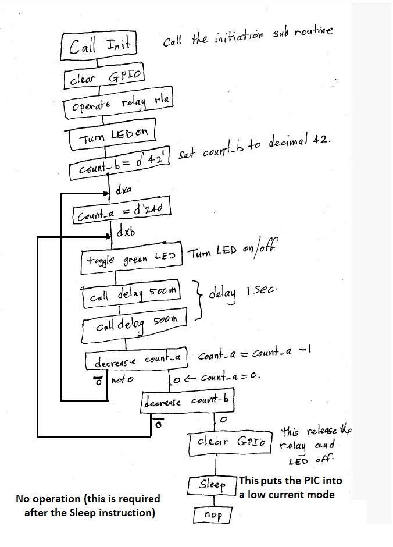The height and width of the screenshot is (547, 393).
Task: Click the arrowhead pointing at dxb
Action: [x=108, y=237]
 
